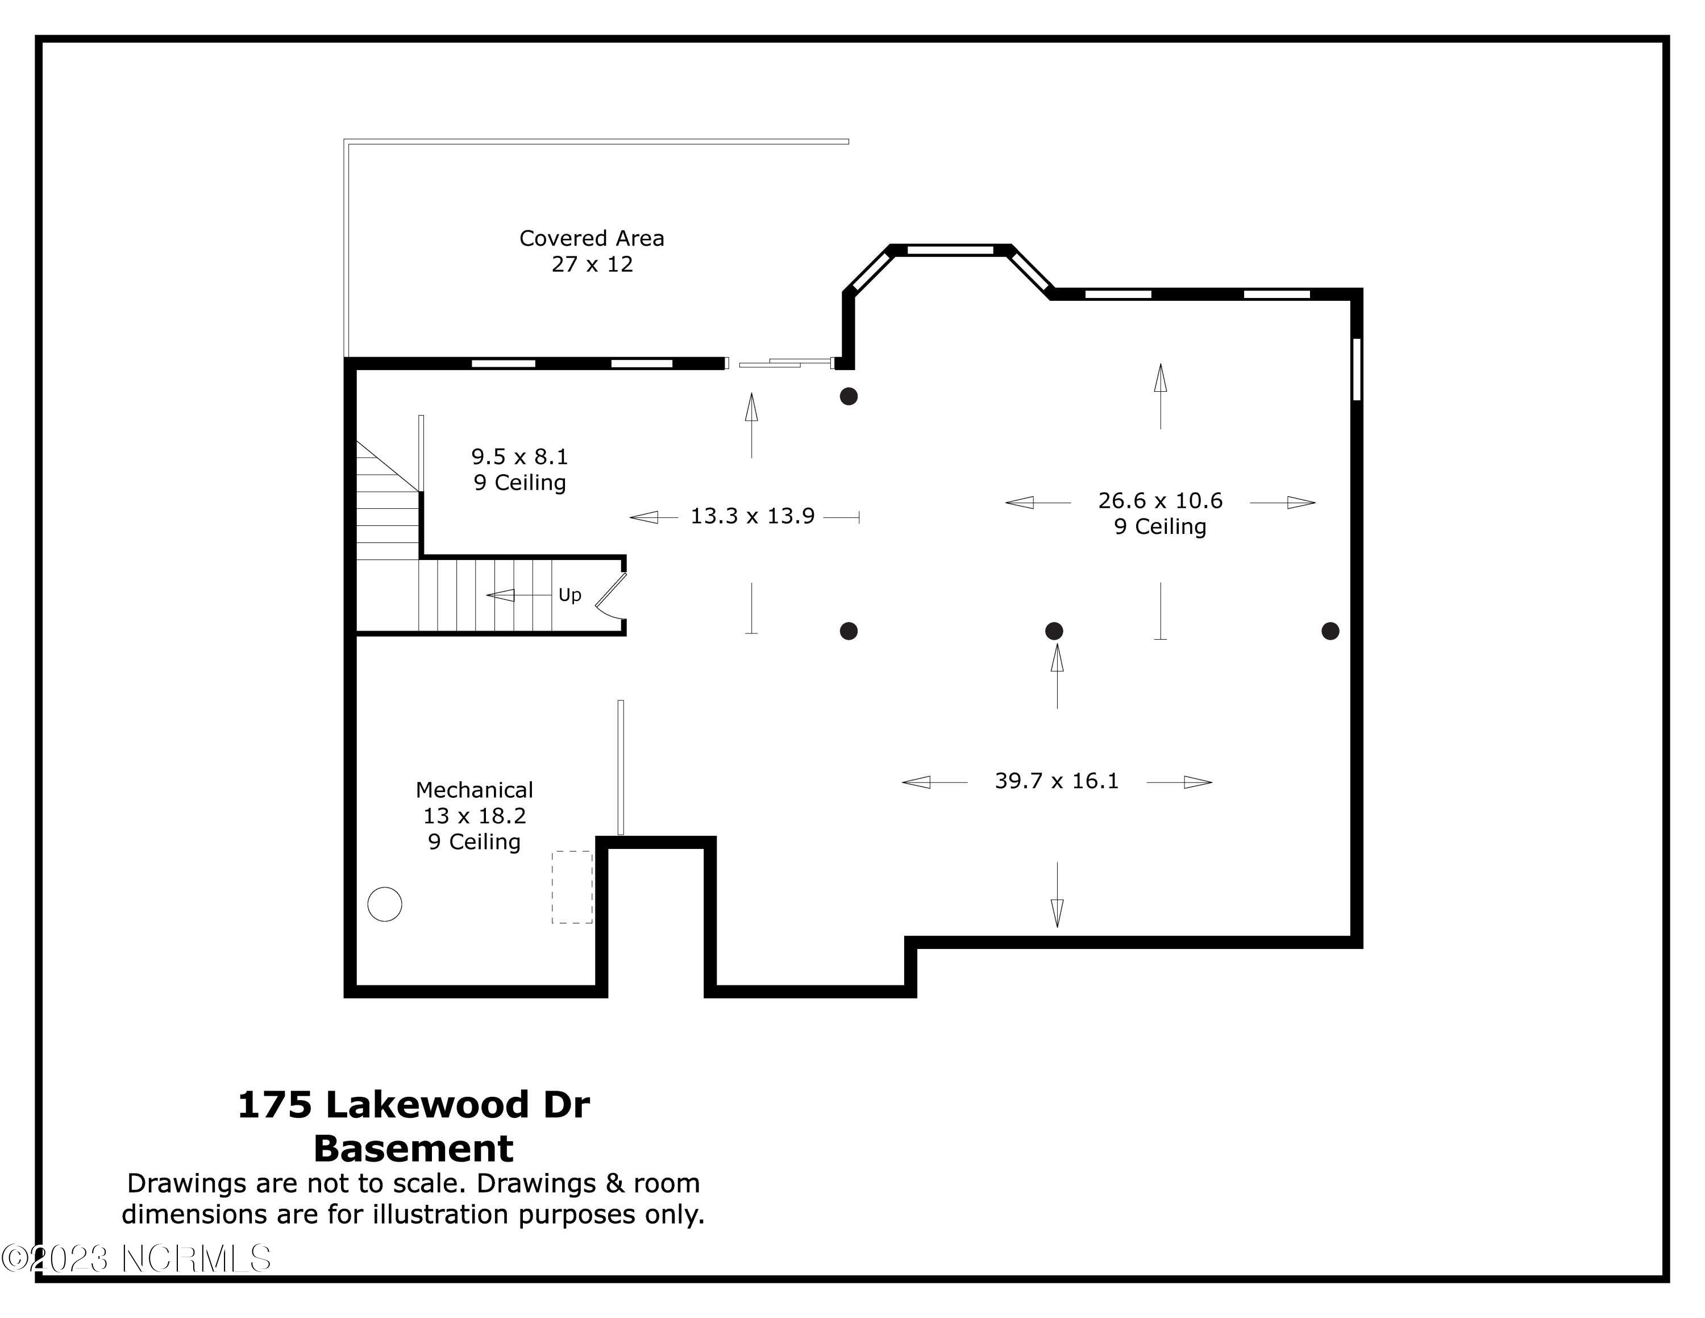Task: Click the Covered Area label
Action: click(592, 238)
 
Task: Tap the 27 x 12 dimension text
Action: click(592, 265)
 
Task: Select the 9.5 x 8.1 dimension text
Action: click(519, 457)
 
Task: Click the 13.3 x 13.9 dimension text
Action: click(752, 516)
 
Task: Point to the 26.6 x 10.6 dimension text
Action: click(1160, 500)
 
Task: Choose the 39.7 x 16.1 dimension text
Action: click(1057, 781)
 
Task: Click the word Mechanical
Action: click(474, 790)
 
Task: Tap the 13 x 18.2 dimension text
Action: click(474, 816)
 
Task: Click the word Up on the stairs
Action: click(570, 595)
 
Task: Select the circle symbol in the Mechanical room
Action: click(385, 904)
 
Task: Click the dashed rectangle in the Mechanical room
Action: click(572, 887)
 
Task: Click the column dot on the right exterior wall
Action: click(1330, 631)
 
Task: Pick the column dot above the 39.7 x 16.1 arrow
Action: click(1054, 631)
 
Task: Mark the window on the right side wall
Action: click(1357, 370)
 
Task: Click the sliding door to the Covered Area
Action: click(781, 363)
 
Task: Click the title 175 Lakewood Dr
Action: click(414, 1105)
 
